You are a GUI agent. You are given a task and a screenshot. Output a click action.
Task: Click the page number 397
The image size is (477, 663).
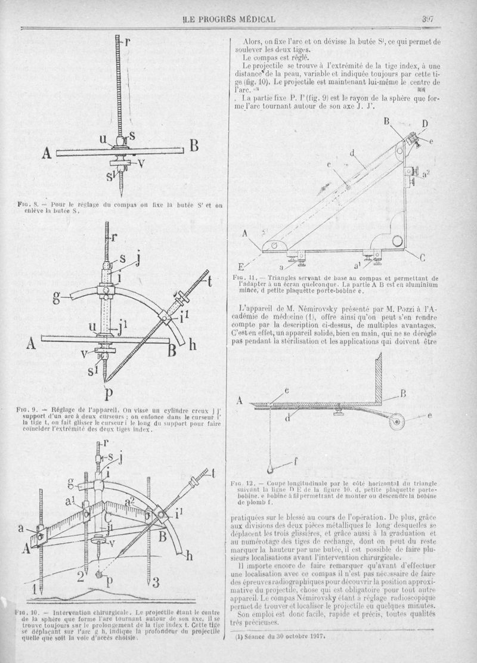pos(427,18)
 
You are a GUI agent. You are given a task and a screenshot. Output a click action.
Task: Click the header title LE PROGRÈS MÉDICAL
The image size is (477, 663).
pos(230,19)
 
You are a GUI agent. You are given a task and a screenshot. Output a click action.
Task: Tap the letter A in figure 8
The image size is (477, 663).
pos(47,154)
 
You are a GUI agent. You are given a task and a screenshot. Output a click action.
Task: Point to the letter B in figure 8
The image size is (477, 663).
pos(193,145)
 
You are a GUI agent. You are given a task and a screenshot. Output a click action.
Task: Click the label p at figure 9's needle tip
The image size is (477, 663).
pos(107,395)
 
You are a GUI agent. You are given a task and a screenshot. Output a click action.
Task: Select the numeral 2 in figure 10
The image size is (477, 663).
pos(80,576)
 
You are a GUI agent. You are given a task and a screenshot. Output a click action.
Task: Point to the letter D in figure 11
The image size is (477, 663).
pos(425,123)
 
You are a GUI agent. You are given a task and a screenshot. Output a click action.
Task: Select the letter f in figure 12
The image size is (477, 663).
pos(297,460)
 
